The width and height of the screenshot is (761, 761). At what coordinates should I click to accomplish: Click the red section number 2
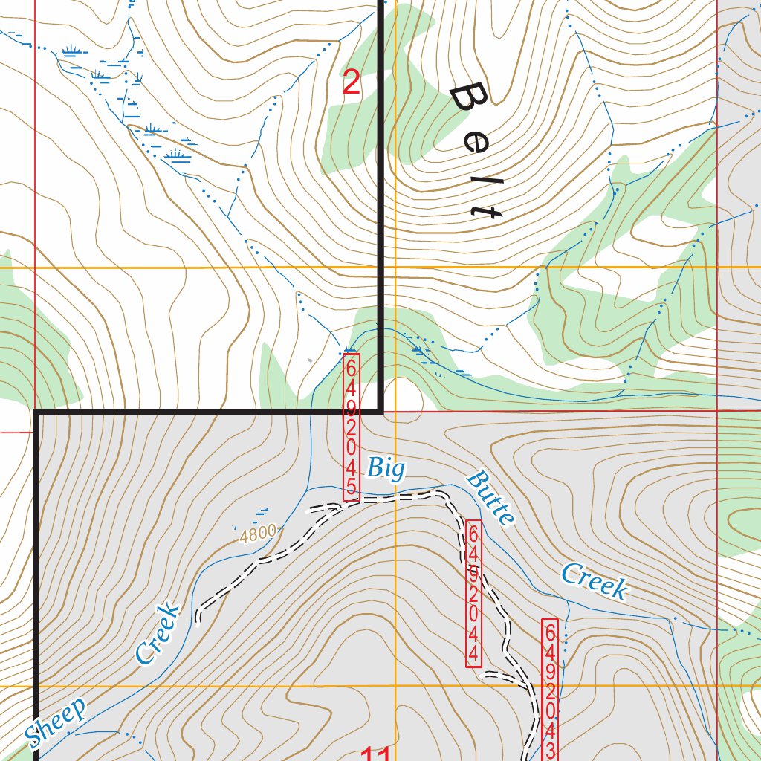tap(351, 82)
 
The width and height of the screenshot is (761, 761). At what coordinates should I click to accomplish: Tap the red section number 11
tap(376, 754)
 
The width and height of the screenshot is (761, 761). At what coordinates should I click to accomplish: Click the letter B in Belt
tap(470, 99)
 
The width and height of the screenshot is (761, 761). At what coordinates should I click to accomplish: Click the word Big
tap(386, 469)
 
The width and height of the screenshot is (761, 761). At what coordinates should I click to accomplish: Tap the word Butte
tap(490, 498)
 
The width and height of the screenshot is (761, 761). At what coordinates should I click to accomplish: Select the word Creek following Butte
tap(594, 581)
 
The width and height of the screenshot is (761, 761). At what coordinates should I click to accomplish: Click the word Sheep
tap(56, 721)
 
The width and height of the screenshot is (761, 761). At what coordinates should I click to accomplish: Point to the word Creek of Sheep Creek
tap(158, 632)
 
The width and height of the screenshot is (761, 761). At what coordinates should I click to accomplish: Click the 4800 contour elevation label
tap(258, 532)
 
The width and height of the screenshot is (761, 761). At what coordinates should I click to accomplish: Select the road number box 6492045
tap(352, 427)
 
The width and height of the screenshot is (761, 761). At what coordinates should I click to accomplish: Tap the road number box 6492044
tap(473, 592)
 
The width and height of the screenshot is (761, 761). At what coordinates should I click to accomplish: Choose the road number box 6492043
tap(550, 689)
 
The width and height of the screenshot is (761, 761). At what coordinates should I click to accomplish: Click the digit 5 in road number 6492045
tap(352, 490)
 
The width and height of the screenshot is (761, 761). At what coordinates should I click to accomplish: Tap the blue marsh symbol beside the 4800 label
tap(262, 511)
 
